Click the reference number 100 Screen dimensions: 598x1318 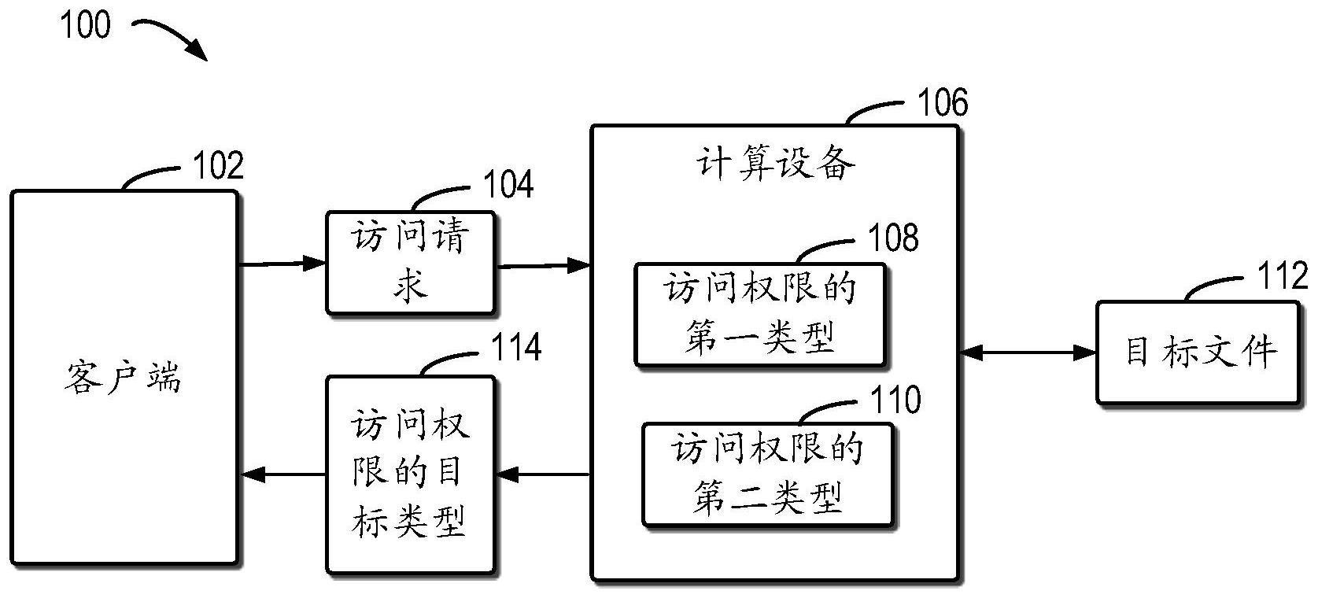point(86,25)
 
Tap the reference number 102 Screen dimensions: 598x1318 point(219,166)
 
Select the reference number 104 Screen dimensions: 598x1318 point(508,184)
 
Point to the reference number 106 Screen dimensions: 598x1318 point(943,103)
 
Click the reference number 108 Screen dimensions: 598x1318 point(893,237)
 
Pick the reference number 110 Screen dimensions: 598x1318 point(896,400)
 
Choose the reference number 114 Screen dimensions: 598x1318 point(516,347)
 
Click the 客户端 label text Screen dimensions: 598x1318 point(123,378)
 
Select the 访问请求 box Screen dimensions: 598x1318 point(410,263)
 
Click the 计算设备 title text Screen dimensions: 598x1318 point(775,164)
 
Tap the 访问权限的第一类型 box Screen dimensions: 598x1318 point(760,315)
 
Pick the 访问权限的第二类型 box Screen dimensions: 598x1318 point(768,474)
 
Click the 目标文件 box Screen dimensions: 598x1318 point(1198,353)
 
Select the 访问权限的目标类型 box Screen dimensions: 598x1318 point(410,474)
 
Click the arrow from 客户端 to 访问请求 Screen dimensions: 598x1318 point(282,264)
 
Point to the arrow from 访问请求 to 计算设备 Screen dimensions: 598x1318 point(543,266)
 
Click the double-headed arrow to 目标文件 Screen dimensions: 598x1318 point(1028,353)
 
